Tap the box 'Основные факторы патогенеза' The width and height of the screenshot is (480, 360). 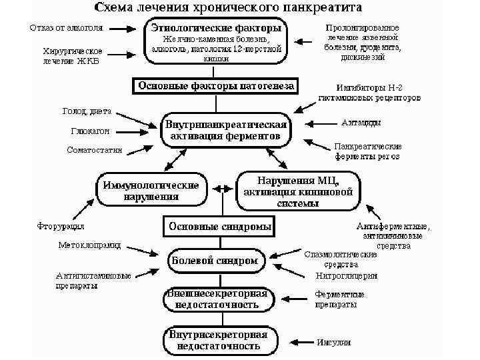click(x=216, y=86)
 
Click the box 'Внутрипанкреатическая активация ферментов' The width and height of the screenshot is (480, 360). click(x=225, y=131)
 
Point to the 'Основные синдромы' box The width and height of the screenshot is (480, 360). click(x=220, y=227)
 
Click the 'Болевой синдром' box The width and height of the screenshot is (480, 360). click(x=215, y=261)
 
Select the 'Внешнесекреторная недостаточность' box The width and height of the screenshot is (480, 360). click(x=217, y=299)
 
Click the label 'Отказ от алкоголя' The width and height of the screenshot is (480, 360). click(x=66, y=28)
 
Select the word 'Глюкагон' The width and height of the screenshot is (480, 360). click(x=90, y=131)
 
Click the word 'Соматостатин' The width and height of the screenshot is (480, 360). click(x=95, y=151)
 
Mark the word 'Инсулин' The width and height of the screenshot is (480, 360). click(x=333, y=342)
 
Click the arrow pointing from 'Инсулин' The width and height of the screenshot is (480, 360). click(x=297, y=343)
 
